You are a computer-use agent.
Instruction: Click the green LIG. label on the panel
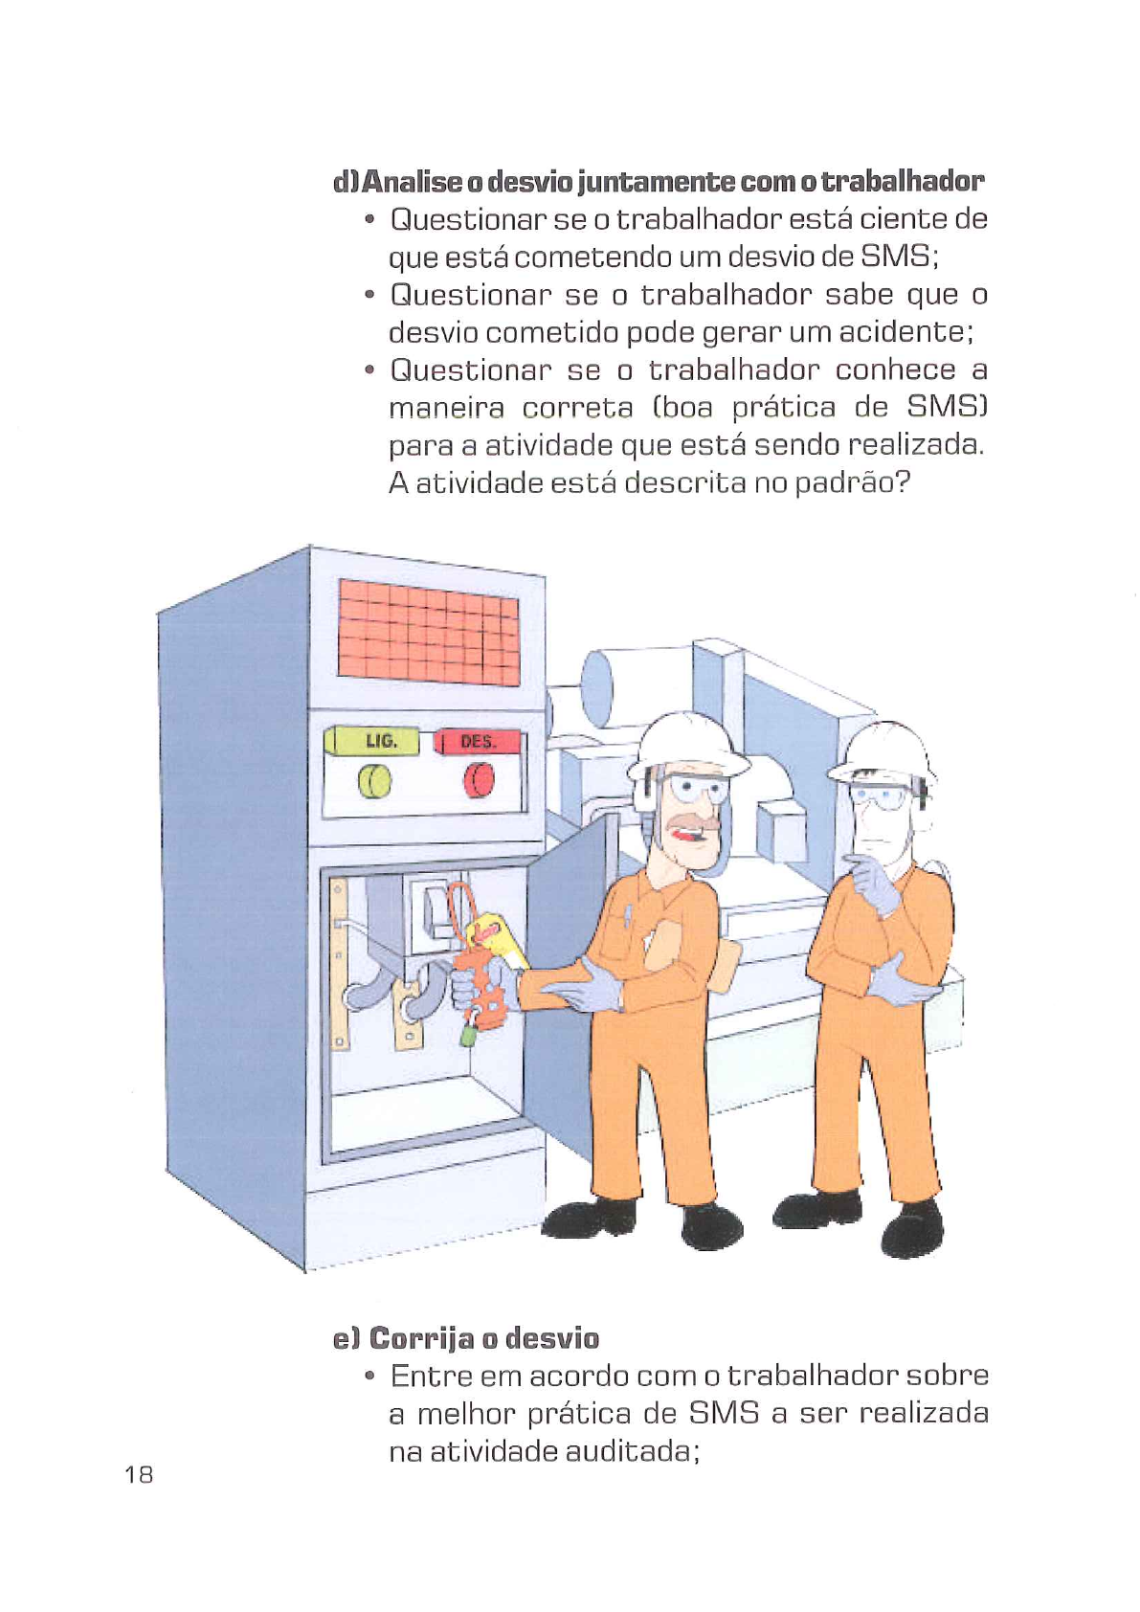[379, 741]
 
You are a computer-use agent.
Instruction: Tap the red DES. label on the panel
[478, 742]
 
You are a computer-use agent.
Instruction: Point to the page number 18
[139, 1474]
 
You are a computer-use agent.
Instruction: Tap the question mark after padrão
[901, 481]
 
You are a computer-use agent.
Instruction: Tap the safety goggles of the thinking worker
[881, 796]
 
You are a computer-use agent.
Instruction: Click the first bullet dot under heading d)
[369, 220]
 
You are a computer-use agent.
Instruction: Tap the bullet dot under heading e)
[369, 1377]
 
